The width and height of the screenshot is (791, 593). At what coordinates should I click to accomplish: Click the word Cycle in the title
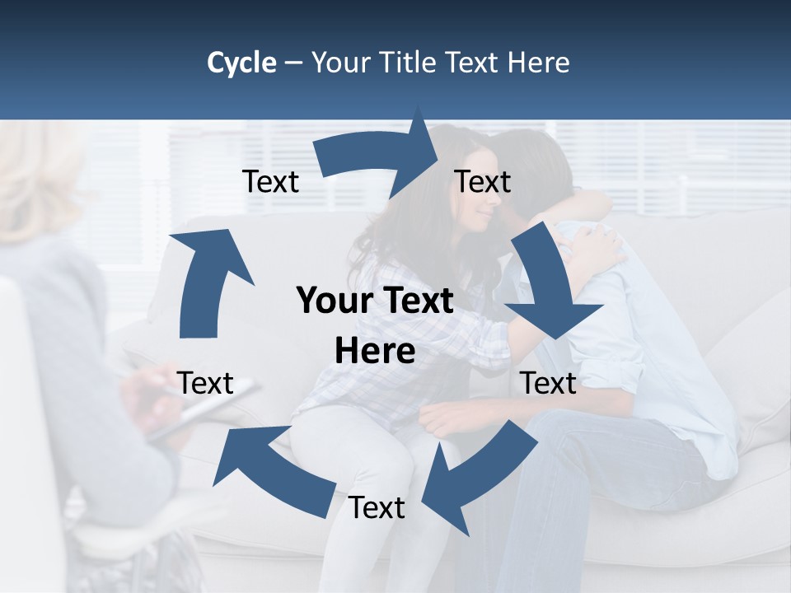click(241, 63)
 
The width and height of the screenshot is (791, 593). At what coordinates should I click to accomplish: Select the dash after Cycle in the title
click(293, 63)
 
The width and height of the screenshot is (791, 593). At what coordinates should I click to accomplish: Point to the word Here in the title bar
click(540, 63)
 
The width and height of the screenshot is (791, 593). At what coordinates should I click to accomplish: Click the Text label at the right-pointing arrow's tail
click(270, 181)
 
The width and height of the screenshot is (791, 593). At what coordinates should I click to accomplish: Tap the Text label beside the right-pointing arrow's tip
click(483, 181)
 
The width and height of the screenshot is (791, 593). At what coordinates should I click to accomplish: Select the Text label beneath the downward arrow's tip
click(548, 383)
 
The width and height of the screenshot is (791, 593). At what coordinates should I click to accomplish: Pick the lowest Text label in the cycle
click(377, 508)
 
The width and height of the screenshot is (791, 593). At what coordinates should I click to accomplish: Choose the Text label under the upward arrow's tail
click(205, 383)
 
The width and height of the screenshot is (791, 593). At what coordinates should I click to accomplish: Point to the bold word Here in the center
click(375, 352)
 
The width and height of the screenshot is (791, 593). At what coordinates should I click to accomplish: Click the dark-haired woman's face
click(473, 206)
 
